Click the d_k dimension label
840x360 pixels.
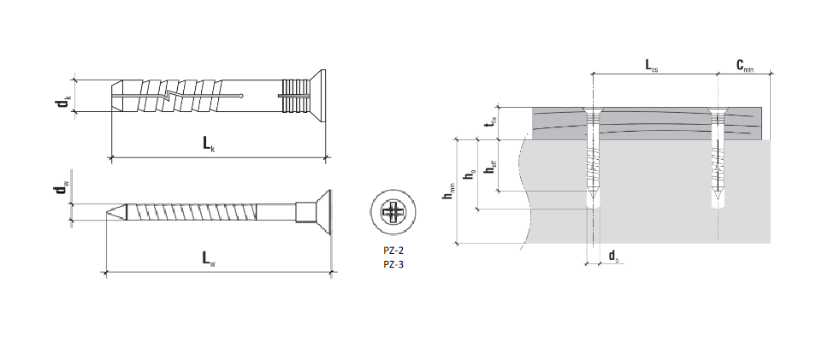coord(63,100)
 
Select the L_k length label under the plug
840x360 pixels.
coord(209,145)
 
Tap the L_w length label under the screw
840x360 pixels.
coord(209,259)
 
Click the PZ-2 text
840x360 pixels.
coord(393,251)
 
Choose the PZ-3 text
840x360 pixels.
coord(393,263)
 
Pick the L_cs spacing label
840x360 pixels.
coord(652,66)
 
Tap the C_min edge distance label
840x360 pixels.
coord(745,66)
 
